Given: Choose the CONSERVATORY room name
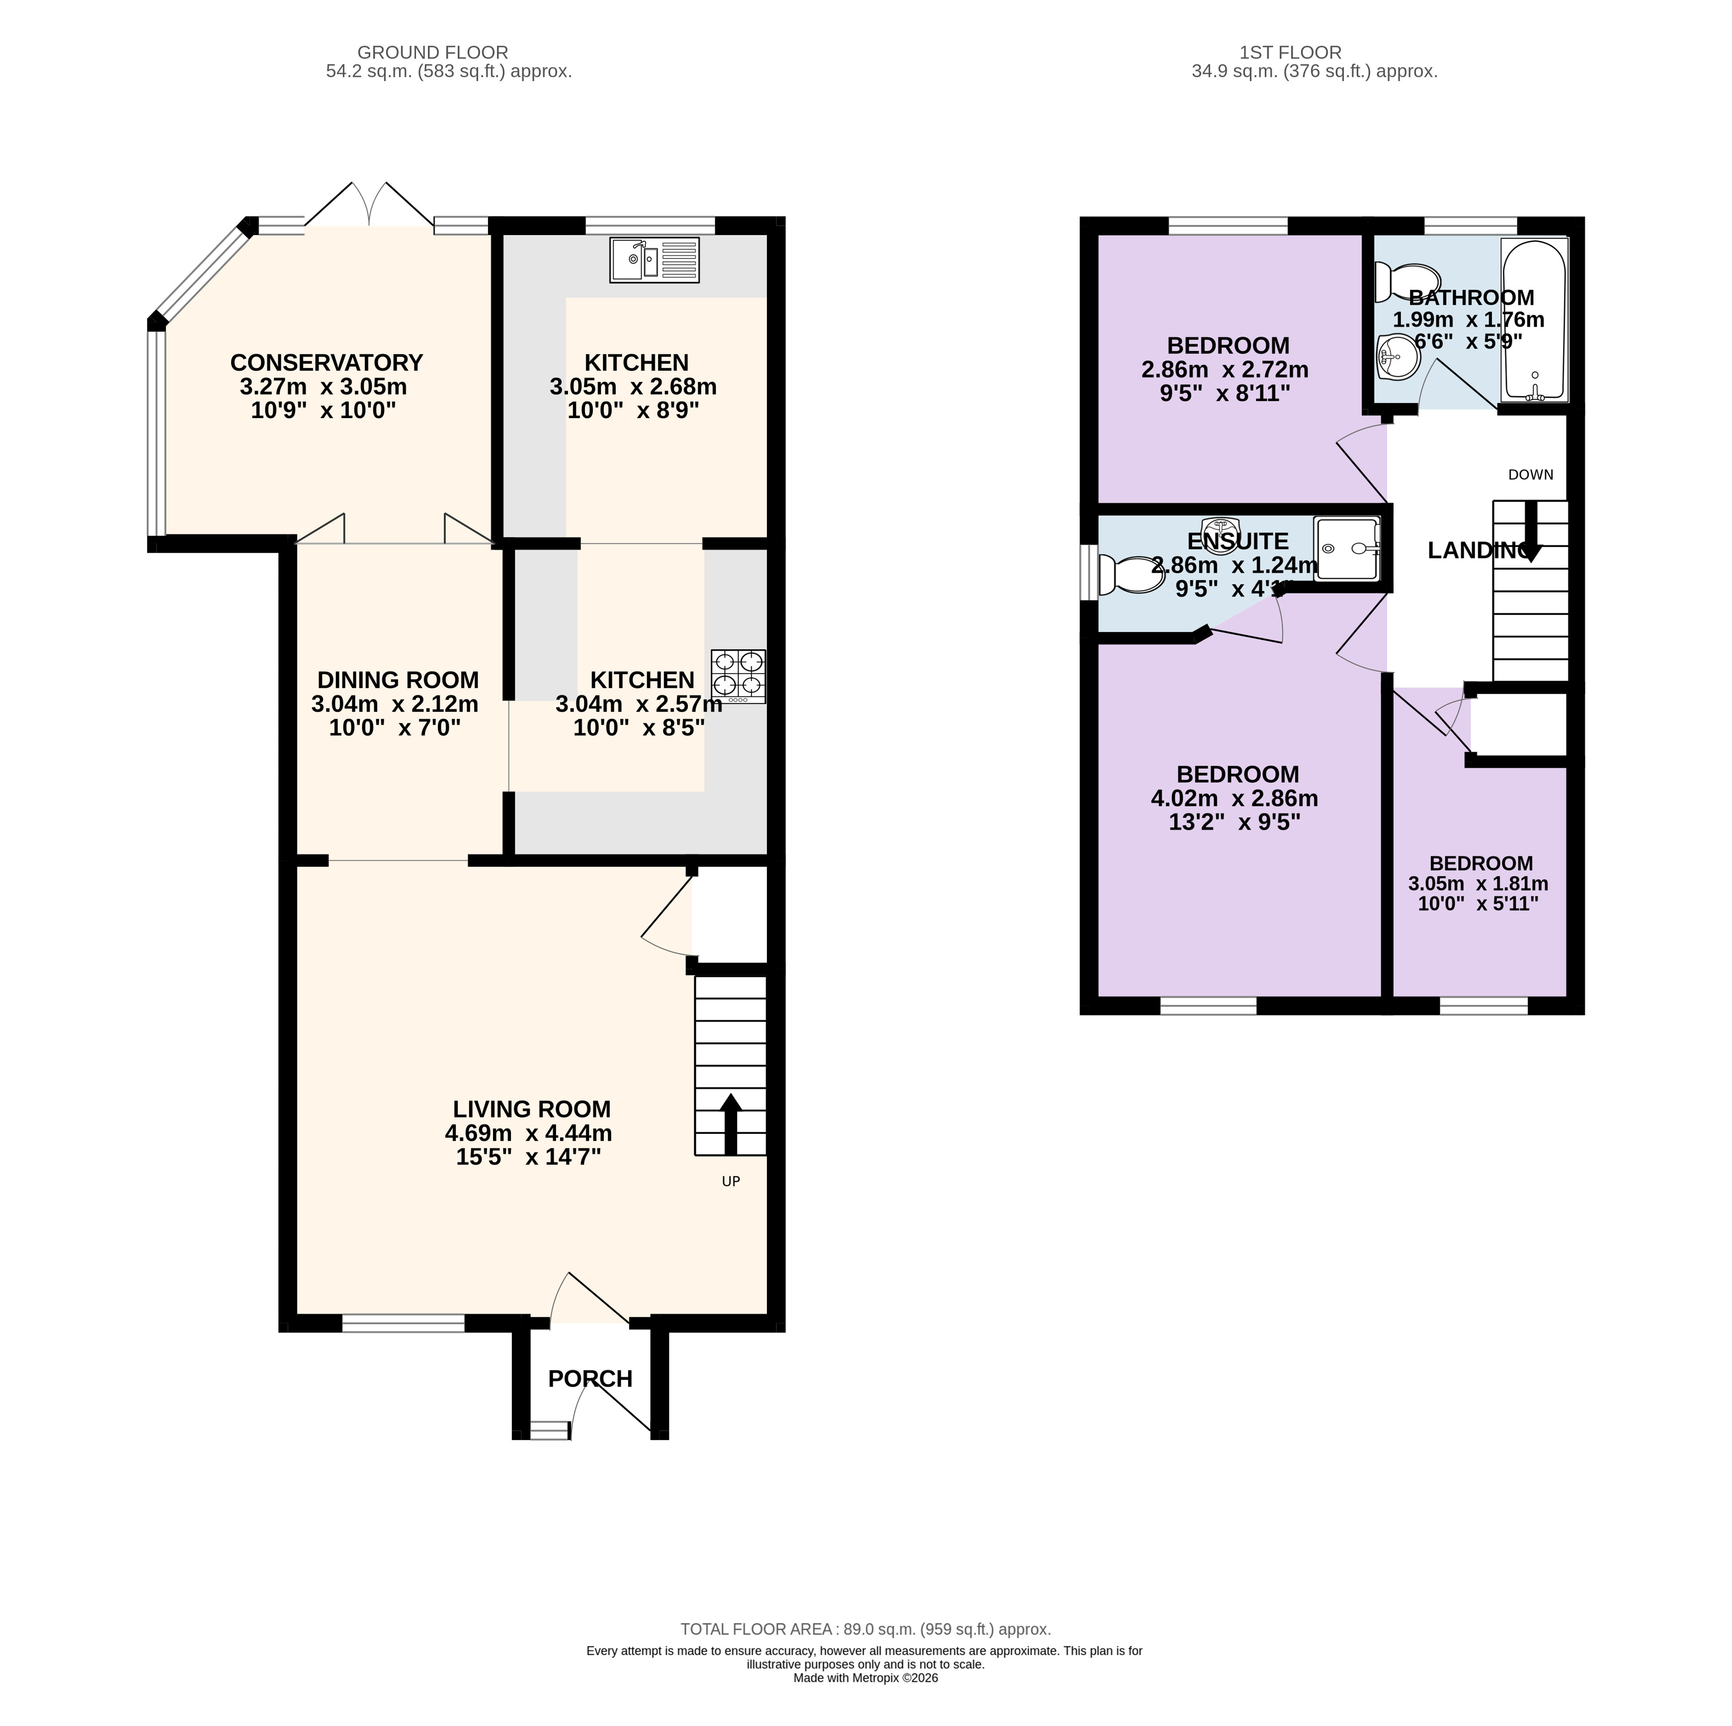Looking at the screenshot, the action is (x=327, y=362).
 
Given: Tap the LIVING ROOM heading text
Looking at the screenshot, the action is (x=532, y=1109).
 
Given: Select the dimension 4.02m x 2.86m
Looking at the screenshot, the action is (x=1235, y=798).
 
